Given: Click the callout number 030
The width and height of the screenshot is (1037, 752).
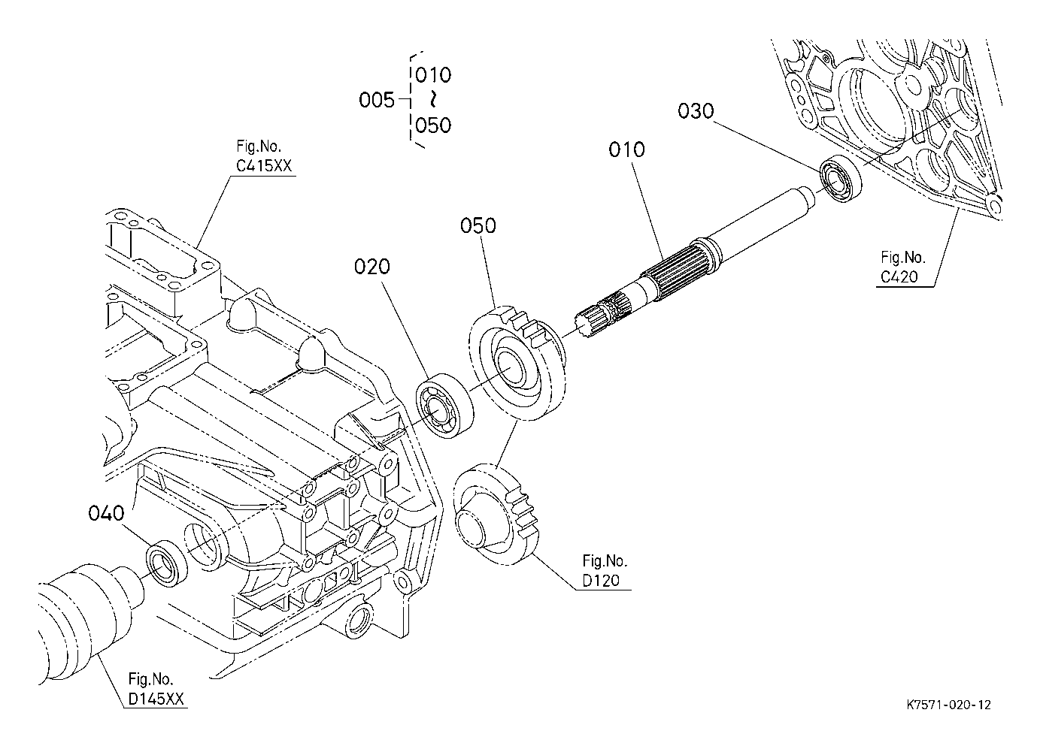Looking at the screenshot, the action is pyautogui.click(x=696, y=111).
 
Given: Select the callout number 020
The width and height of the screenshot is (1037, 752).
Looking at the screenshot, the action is pyautogui.click(x=371, y=267).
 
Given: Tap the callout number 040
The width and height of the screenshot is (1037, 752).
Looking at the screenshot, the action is pyautogui.click(x=106, y=513).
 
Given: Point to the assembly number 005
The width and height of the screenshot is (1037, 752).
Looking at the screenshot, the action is pyautogui.click(x=377, y=101).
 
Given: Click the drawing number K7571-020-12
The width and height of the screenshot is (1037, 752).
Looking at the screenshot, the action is pyautogui.click(x=949, y=705).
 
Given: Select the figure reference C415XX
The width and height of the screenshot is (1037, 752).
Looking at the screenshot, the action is pyautogui.click(x=264, y=165).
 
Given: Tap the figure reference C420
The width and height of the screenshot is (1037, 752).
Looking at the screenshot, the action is pyautogui.click(x=899, y=276).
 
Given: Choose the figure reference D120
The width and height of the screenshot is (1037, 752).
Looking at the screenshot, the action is pyautogui.click(x=601, y=580).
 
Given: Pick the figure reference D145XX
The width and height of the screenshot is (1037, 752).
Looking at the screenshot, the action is pyautogui.click(x=156, y=699).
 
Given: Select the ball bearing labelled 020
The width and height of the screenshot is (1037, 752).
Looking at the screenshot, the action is pyautogui.click(x=444, y=406).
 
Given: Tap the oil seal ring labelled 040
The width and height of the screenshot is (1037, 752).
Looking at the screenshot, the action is pyautogui.click(x=167, y=563).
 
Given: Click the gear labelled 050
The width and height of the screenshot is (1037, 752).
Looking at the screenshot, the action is pyautogui.click(x=517, y=362).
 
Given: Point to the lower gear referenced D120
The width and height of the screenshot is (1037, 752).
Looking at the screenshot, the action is pyautogui.click(x=497, y=515).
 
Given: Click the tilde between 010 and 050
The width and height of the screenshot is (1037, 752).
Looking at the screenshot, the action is pyautogui.click(x=433, y=99).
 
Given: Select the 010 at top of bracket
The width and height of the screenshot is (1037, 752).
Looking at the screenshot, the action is pyautogui.click(x=433, y=75).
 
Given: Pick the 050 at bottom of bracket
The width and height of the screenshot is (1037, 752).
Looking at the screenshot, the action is pyautogui.click(x=433, y=125).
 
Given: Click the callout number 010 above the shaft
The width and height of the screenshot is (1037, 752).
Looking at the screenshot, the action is pyautogui.click(x=626, y=149).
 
